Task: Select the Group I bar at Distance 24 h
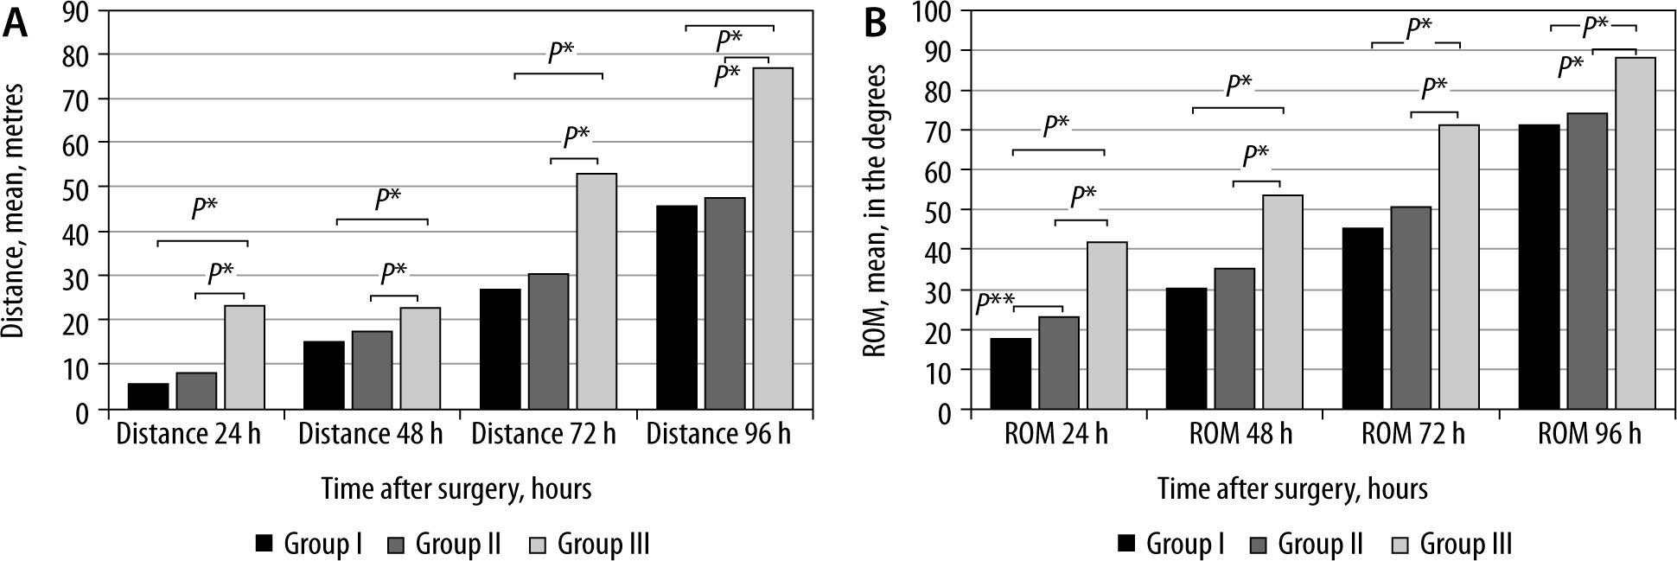click(x=148, y=397)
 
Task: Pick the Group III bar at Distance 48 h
click(x=420, y=359)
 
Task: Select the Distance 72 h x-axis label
click(x=542, y=434)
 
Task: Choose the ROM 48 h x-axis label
click(x=1240, y=434)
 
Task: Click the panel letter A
click(x=15, y=26)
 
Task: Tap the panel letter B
click(x=875, y=26)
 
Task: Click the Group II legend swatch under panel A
click(x=398, y=544)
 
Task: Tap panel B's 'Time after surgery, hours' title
click(x=1292, y=489)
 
